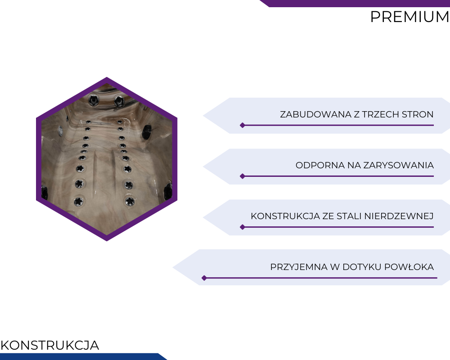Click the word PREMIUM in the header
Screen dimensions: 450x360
coord(409,17)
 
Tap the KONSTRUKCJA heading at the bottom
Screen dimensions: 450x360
coord(49,345)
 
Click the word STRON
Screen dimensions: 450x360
coord(418,114)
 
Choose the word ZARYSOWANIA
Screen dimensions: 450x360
coord(398,165)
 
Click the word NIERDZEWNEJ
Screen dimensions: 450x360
coord(399,216)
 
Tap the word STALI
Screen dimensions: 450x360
coord(347,216)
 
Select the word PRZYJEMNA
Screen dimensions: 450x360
coord(298,267)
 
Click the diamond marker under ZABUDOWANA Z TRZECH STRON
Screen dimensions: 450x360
coord(243,125)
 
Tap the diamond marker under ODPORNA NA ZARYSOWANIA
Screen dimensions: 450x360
coord(243,176)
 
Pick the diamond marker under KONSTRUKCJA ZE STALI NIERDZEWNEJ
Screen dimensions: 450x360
coord(243,227)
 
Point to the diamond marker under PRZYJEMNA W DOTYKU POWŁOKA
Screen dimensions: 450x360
coord(204,278)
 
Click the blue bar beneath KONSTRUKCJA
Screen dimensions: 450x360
coord(83,356)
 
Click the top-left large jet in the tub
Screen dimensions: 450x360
coord(93,100)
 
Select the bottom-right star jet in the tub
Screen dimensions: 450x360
coord(130,201)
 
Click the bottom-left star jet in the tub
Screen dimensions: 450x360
coord(78,202)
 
